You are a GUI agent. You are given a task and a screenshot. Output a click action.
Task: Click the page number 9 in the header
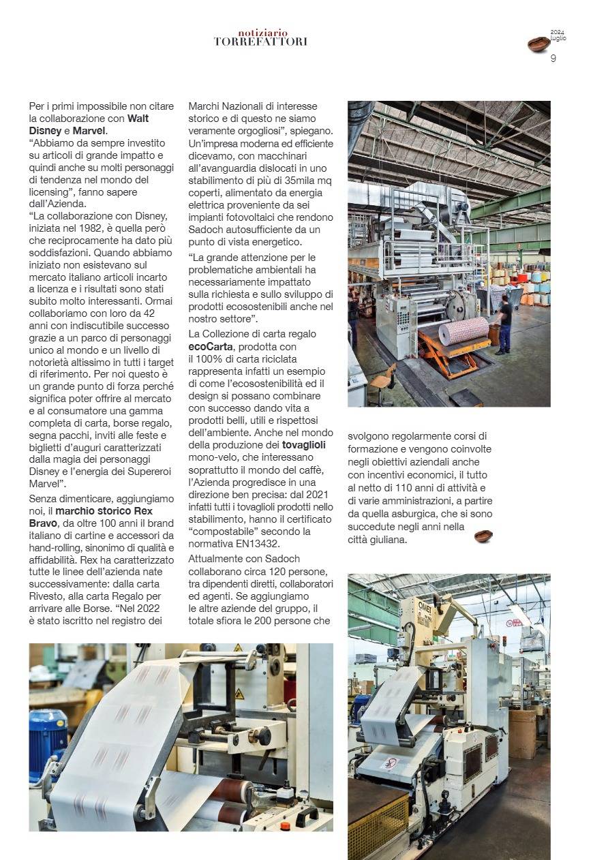(553, 58)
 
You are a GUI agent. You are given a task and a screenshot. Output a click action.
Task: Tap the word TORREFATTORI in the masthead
(260, 42)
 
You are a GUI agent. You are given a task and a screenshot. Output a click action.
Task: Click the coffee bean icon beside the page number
(538, 45)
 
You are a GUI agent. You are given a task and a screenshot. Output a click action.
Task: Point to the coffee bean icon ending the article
(483, 536)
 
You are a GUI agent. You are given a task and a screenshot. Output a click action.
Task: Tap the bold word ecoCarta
(211, 347)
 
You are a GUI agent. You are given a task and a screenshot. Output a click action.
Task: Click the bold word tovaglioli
(308, 445)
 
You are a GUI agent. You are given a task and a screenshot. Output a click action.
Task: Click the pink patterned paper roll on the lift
(463, 331)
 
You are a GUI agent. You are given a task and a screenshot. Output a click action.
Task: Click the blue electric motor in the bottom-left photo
(48, 739)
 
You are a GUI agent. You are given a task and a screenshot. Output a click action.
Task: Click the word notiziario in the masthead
(263, 33)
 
